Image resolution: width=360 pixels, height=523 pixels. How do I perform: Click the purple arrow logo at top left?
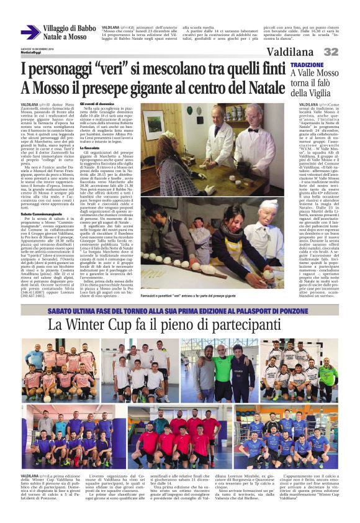click(x=30, y=32)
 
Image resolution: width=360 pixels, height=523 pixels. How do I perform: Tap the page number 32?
click(x=348, y=52)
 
